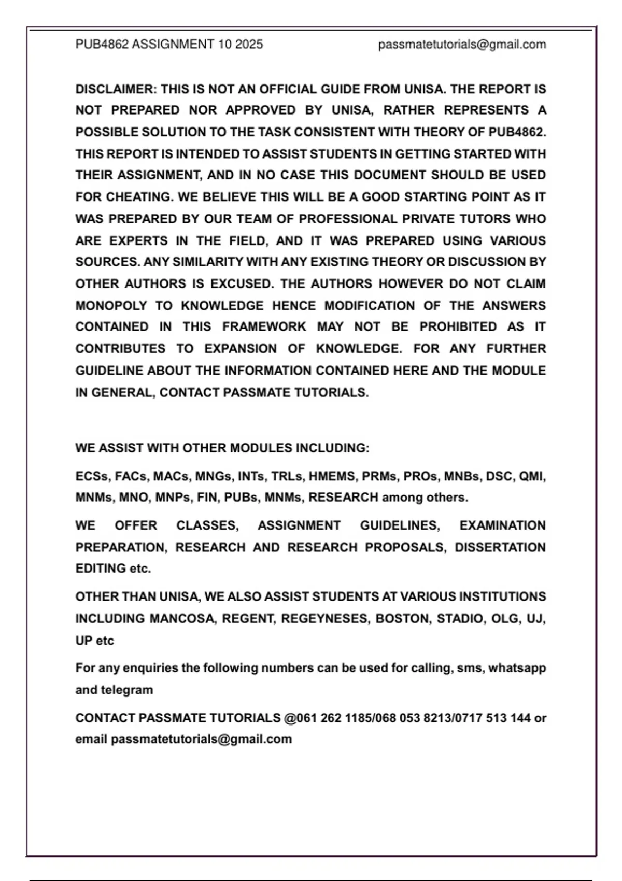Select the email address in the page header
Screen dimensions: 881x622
462,45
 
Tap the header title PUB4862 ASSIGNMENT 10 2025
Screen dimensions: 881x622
169,45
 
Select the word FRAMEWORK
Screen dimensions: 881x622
264,327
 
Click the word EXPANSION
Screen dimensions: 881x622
240,349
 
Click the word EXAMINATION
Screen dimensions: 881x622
502,525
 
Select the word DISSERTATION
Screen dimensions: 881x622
500,547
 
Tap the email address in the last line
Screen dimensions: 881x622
201,740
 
